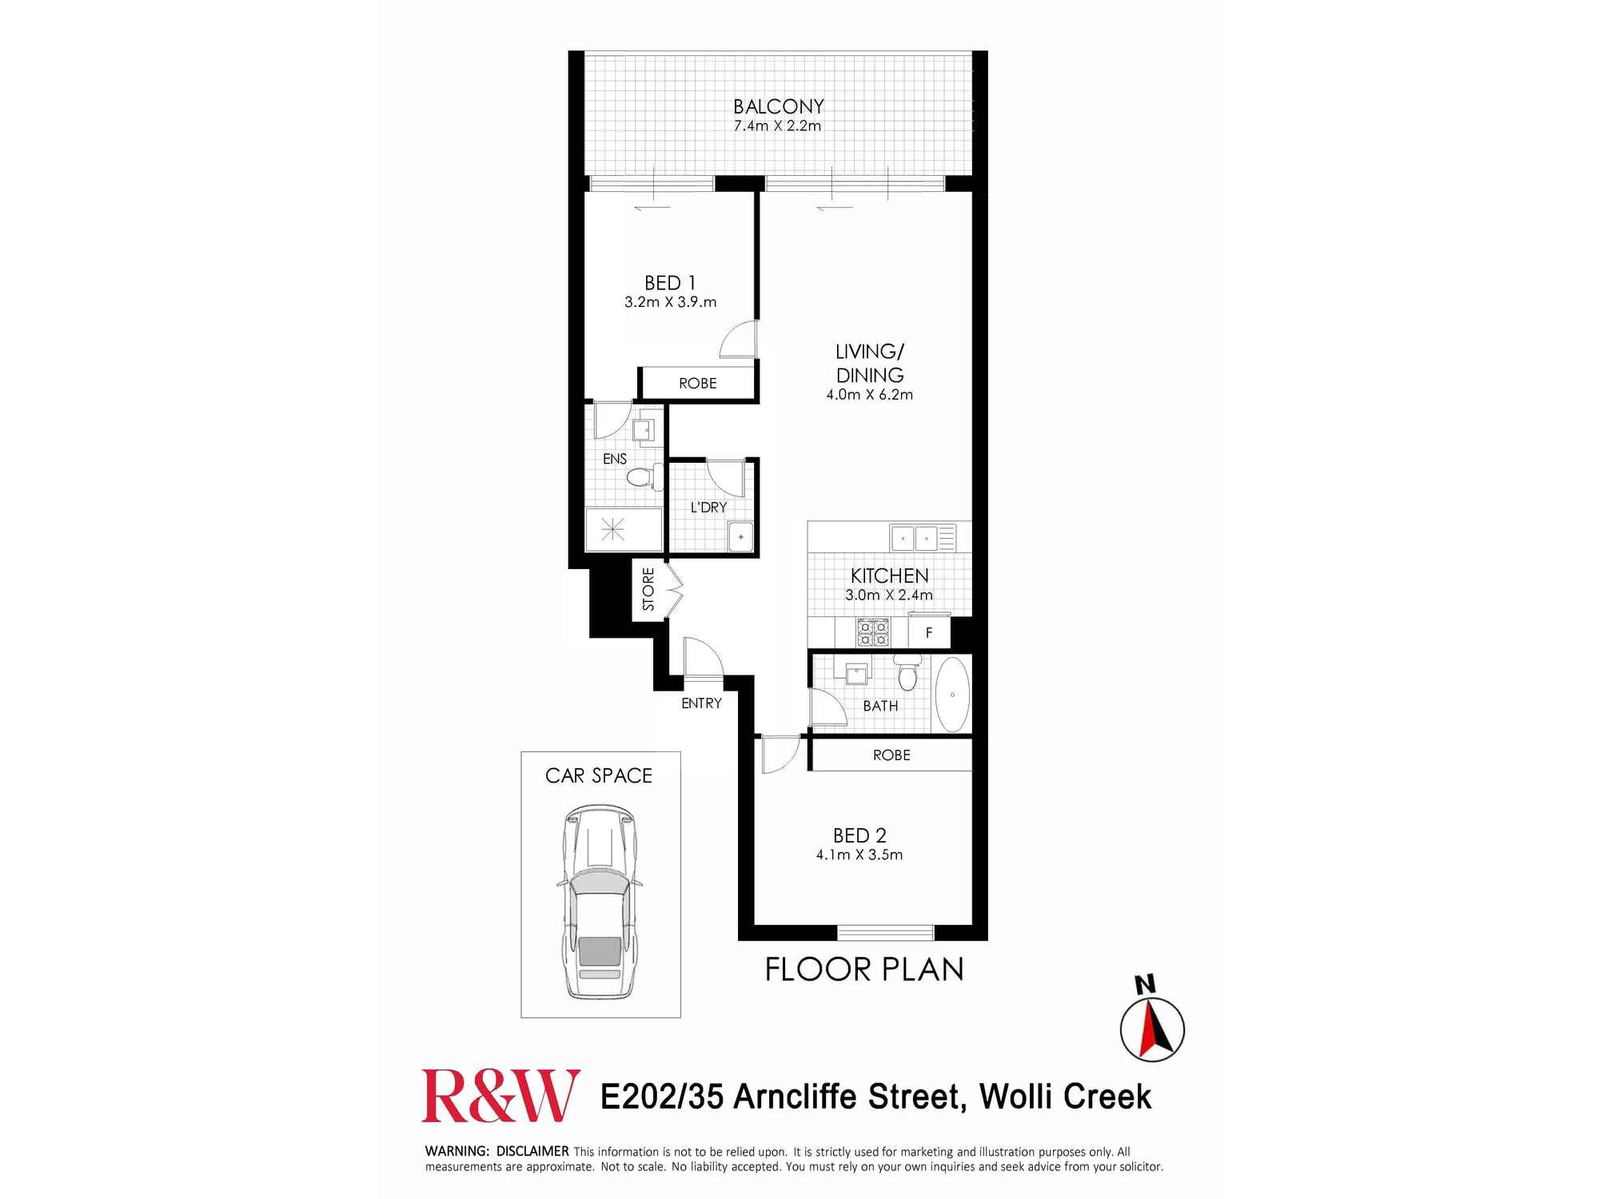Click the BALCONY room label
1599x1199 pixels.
tap(778, 106)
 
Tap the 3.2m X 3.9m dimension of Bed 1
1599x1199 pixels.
tap(670, 302)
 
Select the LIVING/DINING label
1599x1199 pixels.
tap(870, 364)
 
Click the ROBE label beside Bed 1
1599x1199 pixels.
tap(697, 384)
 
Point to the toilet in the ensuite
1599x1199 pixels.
tap(642, 477)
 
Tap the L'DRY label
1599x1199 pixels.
tap(708, 508)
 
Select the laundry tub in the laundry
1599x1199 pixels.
tap(740, 536)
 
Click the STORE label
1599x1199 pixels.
tap(648, 589)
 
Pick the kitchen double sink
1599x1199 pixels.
tap(915, 538)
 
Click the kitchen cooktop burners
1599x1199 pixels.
tap(872, 633)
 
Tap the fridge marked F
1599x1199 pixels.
tap(929, 633)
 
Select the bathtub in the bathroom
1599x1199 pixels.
tap(951, 694)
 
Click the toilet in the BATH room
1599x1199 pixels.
tap(907, 673)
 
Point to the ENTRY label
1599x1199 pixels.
tap(701, 703)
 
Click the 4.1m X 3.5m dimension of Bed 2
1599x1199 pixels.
tap(859, 855)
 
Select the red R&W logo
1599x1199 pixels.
tap(500, 1096)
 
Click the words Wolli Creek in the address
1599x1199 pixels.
tap(1065, 1097)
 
